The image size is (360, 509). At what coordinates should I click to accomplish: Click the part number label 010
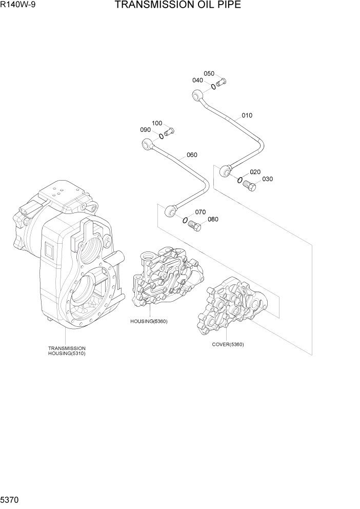click(247, 115)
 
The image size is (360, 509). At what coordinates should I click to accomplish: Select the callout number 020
click(255, 172)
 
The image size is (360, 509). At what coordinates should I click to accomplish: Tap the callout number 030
click(267, 179)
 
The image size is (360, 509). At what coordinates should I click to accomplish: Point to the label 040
click(197, 81)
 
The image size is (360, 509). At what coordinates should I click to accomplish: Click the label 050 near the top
click(209, 73)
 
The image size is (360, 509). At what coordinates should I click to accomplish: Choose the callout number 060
click(192, 155)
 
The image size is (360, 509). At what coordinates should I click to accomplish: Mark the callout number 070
click(200, 212)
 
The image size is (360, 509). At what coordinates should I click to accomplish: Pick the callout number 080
click(213, 220)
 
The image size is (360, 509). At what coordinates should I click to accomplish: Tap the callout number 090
click(145, 130)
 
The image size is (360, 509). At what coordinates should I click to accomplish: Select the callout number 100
click(157, 123)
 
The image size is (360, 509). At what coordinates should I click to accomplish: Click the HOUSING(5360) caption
click(149, 321)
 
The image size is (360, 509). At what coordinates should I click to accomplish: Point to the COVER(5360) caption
click(228, 344)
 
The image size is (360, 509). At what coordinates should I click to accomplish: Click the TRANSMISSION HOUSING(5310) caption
click(67, 351)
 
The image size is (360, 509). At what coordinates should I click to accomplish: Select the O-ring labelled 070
click(184, 220)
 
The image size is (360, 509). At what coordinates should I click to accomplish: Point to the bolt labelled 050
click(221, 82)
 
